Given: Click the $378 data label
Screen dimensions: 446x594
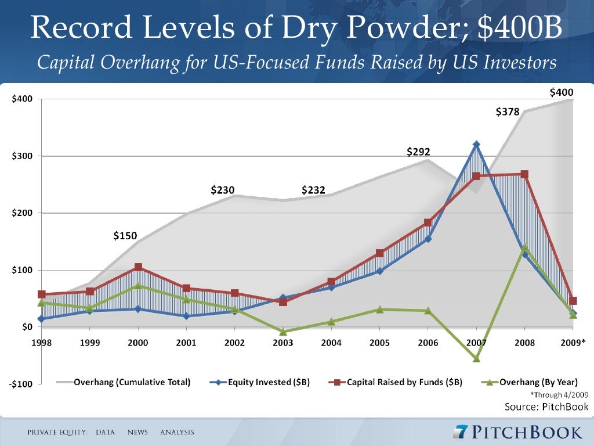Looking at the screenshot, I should tap(508, 112).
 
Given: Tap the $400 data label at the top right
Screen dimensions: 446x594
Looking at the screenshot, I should tap(561, 92).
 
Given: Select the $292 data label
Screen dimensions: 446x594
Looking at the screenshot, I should tap(418, 152).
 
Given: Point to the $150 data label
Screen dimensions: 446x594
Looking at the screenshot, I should tap(125, 236).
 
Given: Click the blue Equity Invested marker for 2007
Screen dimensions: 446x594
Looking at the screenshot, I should tap(476, 144).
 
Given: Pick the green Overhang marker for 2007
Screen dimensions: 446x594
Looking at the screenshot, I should tap(476, 358).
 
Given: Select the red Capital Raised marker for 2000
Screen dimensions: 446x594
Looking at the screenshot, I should tap(138, 267).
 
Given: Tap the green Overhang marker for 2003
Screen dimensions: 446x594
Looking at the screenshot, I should tap(283, 332).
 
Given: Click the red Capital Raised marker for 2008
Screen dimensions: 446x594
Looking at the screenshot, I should tap(524, 174).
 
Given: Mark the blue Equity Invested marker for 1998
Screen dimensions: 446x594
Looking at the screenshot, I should tap(42, 319).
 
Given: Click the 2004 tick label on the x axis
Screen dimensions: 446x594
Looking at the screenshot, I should tap(331, 343).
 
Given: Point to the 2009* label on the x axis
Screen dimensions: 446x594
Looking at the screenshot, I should tap(573, 343).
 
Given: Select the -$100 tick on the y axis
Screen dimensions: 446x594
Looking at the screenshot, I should tap(22, 384).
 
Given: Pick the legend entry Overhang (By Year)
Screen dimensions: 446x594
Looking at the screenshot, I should tap(538, 382).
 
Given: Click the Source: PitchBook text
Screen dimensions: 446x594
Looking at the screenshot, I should tap(546, 406).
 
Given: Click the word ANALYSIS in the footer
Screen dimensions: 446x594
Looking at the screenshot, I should tap(177, 433).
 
